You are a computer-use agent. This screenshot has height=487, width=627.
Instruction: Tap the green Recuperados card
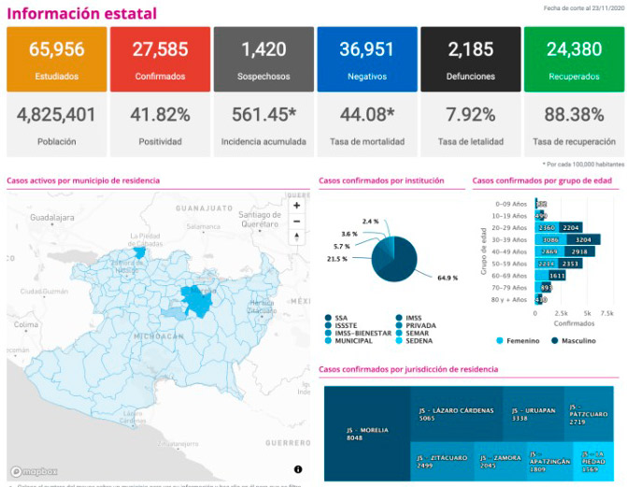(573, 58)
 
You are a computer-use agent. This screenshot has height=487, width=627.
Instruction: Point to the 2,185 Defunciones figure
(469, 49)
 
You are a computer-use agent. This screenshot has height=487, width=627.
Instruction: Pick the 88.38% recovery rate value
(573, 116)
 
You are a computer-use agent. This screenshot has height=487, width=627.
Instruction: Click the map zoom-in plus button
(296, 206)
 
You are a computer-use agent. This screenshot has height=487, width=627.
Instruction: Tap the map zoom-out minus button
(296, 222)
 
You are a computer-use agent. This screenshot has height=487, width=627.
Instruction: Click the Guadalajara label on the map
(51, 216)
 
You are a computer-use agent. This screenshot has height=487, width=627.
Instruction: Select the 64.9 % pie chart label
(447, 278)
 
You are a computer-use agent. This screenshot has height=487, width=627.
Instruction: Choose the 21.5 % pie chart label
(337, 259)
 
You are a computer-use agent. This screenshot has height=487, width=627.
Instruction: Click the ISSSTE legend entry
(348, 325)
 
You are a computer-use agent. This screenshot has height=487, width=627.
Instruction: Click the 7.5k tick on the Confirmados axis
(606, 313)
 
